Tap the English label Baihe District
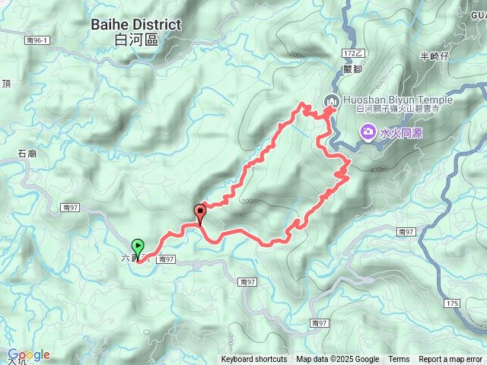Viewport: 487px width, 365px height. pos(136,24)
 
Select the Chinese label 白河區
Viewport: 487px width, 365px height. pos(136,40)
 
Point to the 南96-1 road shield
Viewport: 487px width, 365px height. pos(36,40)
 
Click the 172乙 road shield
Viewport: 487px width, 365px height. pos(354,53)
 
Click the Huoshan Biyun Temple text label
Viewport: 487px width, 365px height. pos(398,100)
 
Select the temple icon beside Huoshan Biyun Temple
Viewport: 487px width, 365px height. pos(331,100)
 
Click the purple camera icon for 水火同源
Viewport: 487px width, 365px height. pos(368,134)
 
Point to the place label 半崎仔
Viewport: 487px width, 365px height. pos(435,56)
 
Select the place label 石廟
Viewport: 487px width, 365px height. pos(27,154)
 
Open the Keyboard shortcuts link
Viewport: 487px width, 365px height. pos(254,360)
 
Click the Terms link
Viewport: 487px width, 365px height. pos(399,360)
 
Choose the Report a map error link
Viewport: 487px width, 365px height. pos(451,360)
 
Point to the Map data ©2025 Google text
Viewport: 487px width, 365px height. pos(338,360)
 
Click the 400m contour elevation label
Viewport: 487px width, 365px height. pos(377,170)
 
